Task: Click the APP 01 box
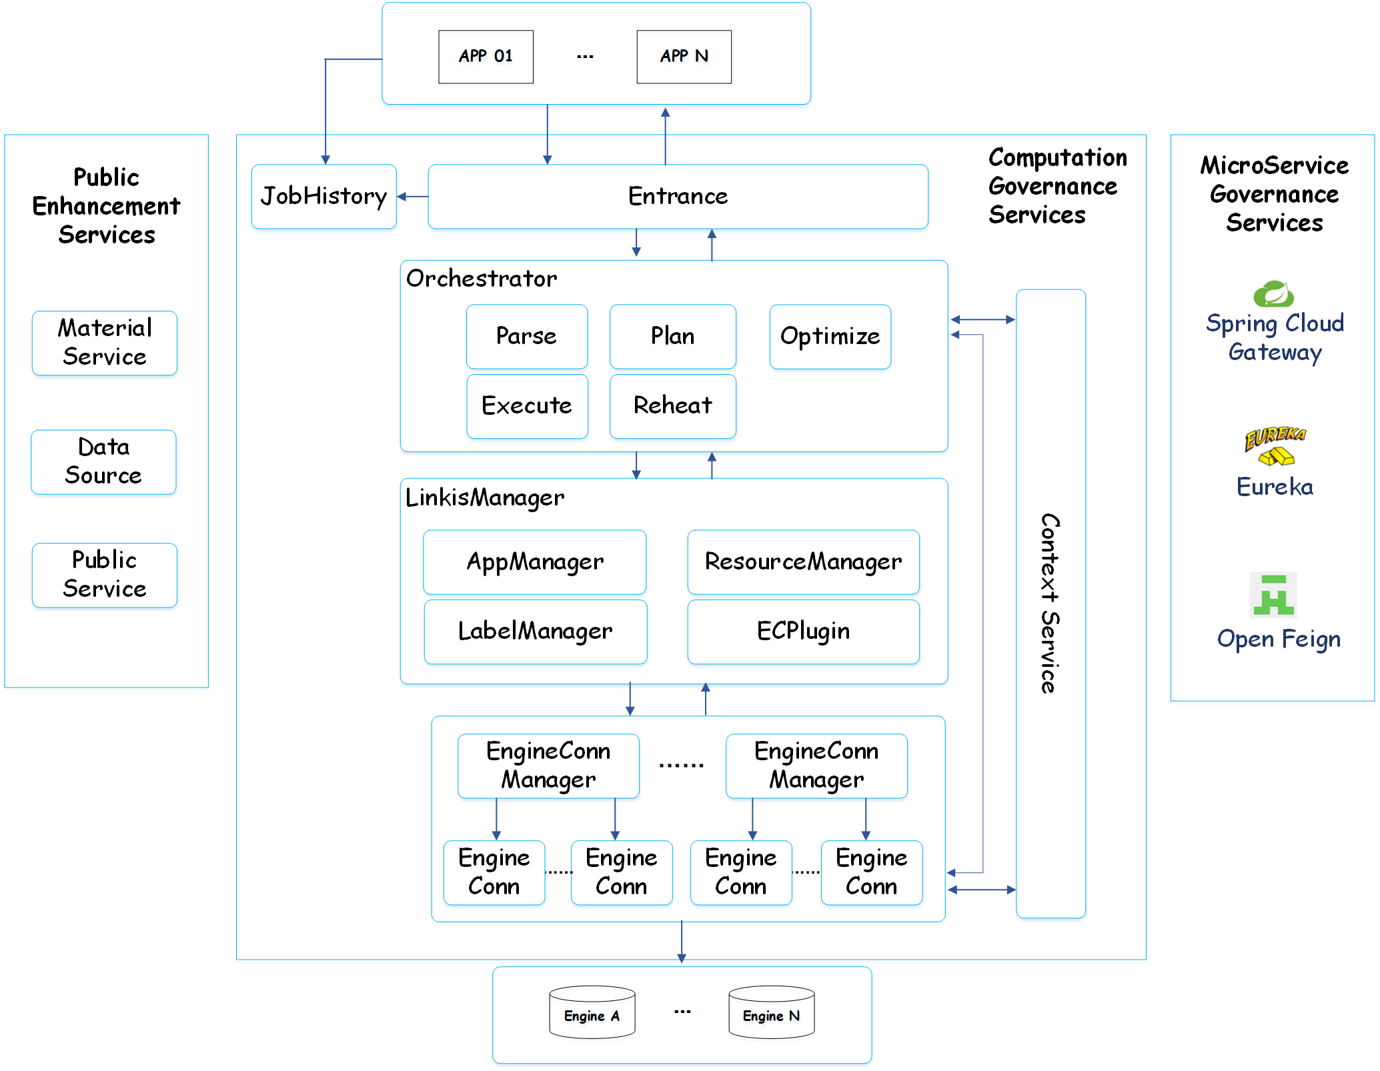pos(486,57)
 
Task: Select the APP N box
pos(684,57)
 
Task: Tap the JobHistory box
pos(323,197)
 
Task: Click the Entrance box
pos(678,197)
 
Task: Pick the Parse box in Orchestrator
pos(526,336)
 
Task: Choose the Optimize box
pos(830,336)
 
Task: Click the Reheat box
pos(672,405)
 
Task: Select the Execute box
pos(527,405)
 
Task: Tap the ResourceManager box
pos(803,562)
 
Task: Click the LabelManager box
pos(535,631)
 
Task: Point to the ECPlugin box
pos(803,631)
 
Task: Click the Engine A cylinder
pos(592,1013)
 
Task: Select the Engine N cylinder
pos(771,1013)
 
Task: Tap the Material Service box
pos(105,343)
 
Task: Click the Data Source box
pos(103,461)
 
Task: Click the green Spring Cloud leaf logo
pos(1273,294)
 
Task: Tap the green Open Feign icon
pos(1273,595)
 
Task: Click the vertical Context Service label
pos(1050,604)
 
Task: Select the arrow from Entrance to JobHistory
pos(413,197)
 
